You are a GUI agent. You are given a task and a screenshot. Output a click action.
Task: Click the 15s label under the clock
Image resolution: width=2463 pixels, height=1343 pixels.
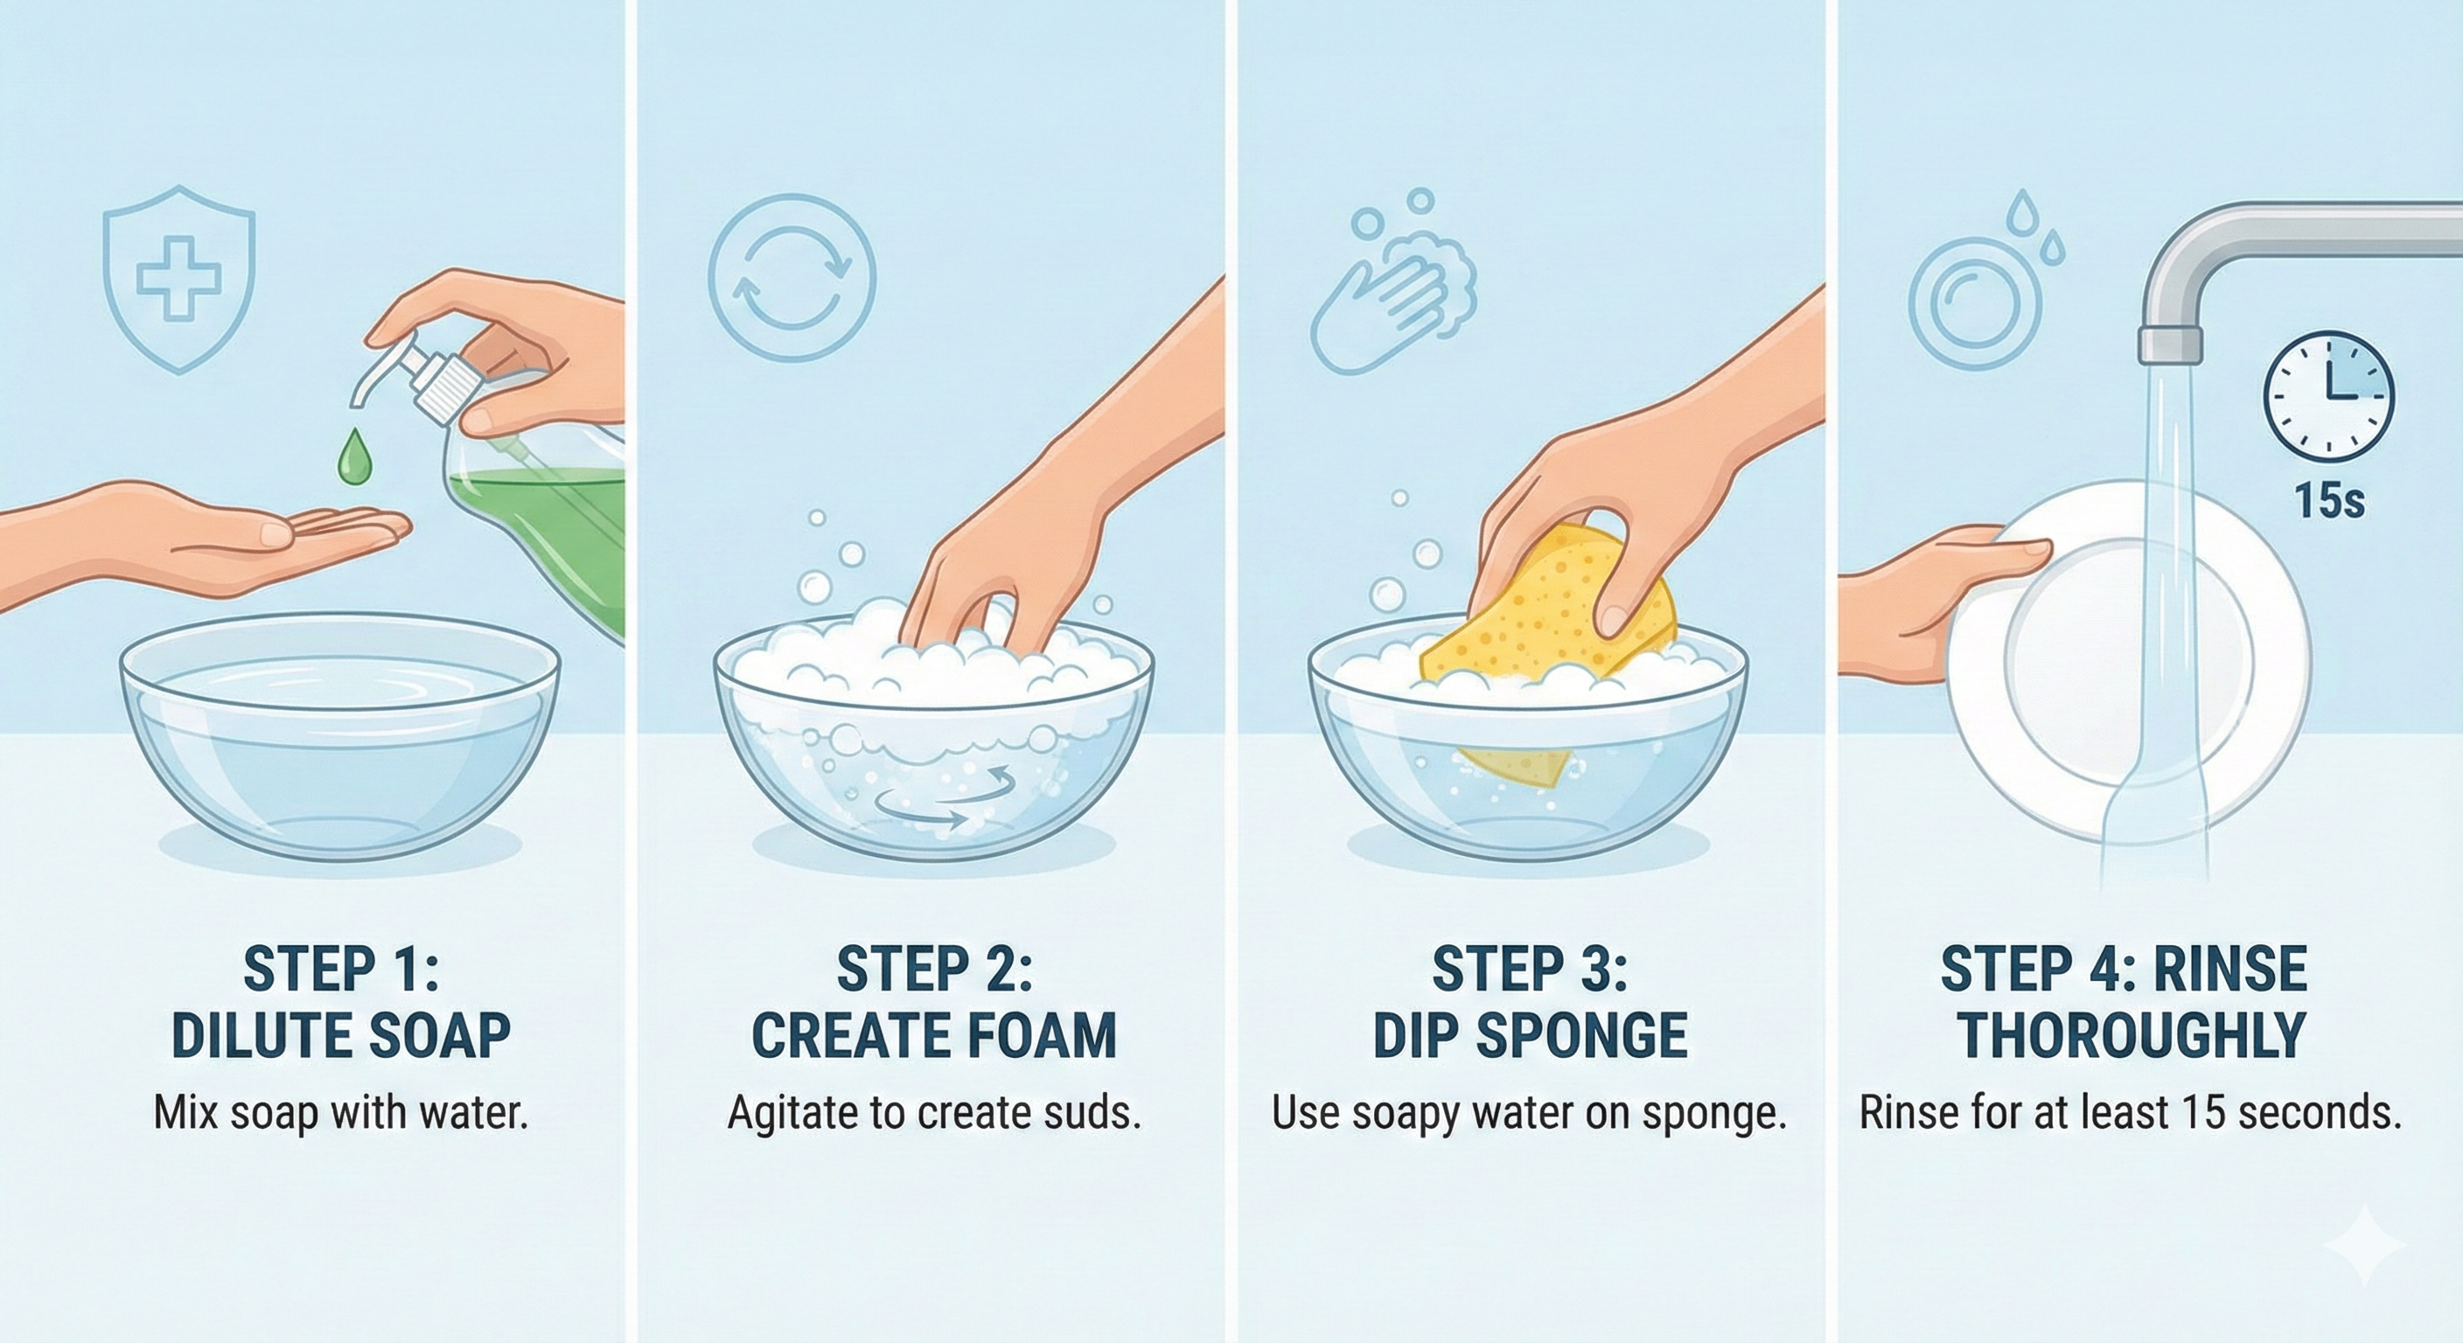click(2330, 501)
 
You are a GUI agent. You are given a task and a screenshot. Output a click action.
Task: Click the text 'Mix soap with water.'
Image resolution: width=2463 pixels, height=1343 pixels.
click(340, 1114)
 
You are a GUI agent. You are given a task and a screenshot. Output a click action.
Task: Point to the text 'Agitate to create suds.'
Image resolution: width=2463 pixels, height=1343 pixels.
click(934, 1114)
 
